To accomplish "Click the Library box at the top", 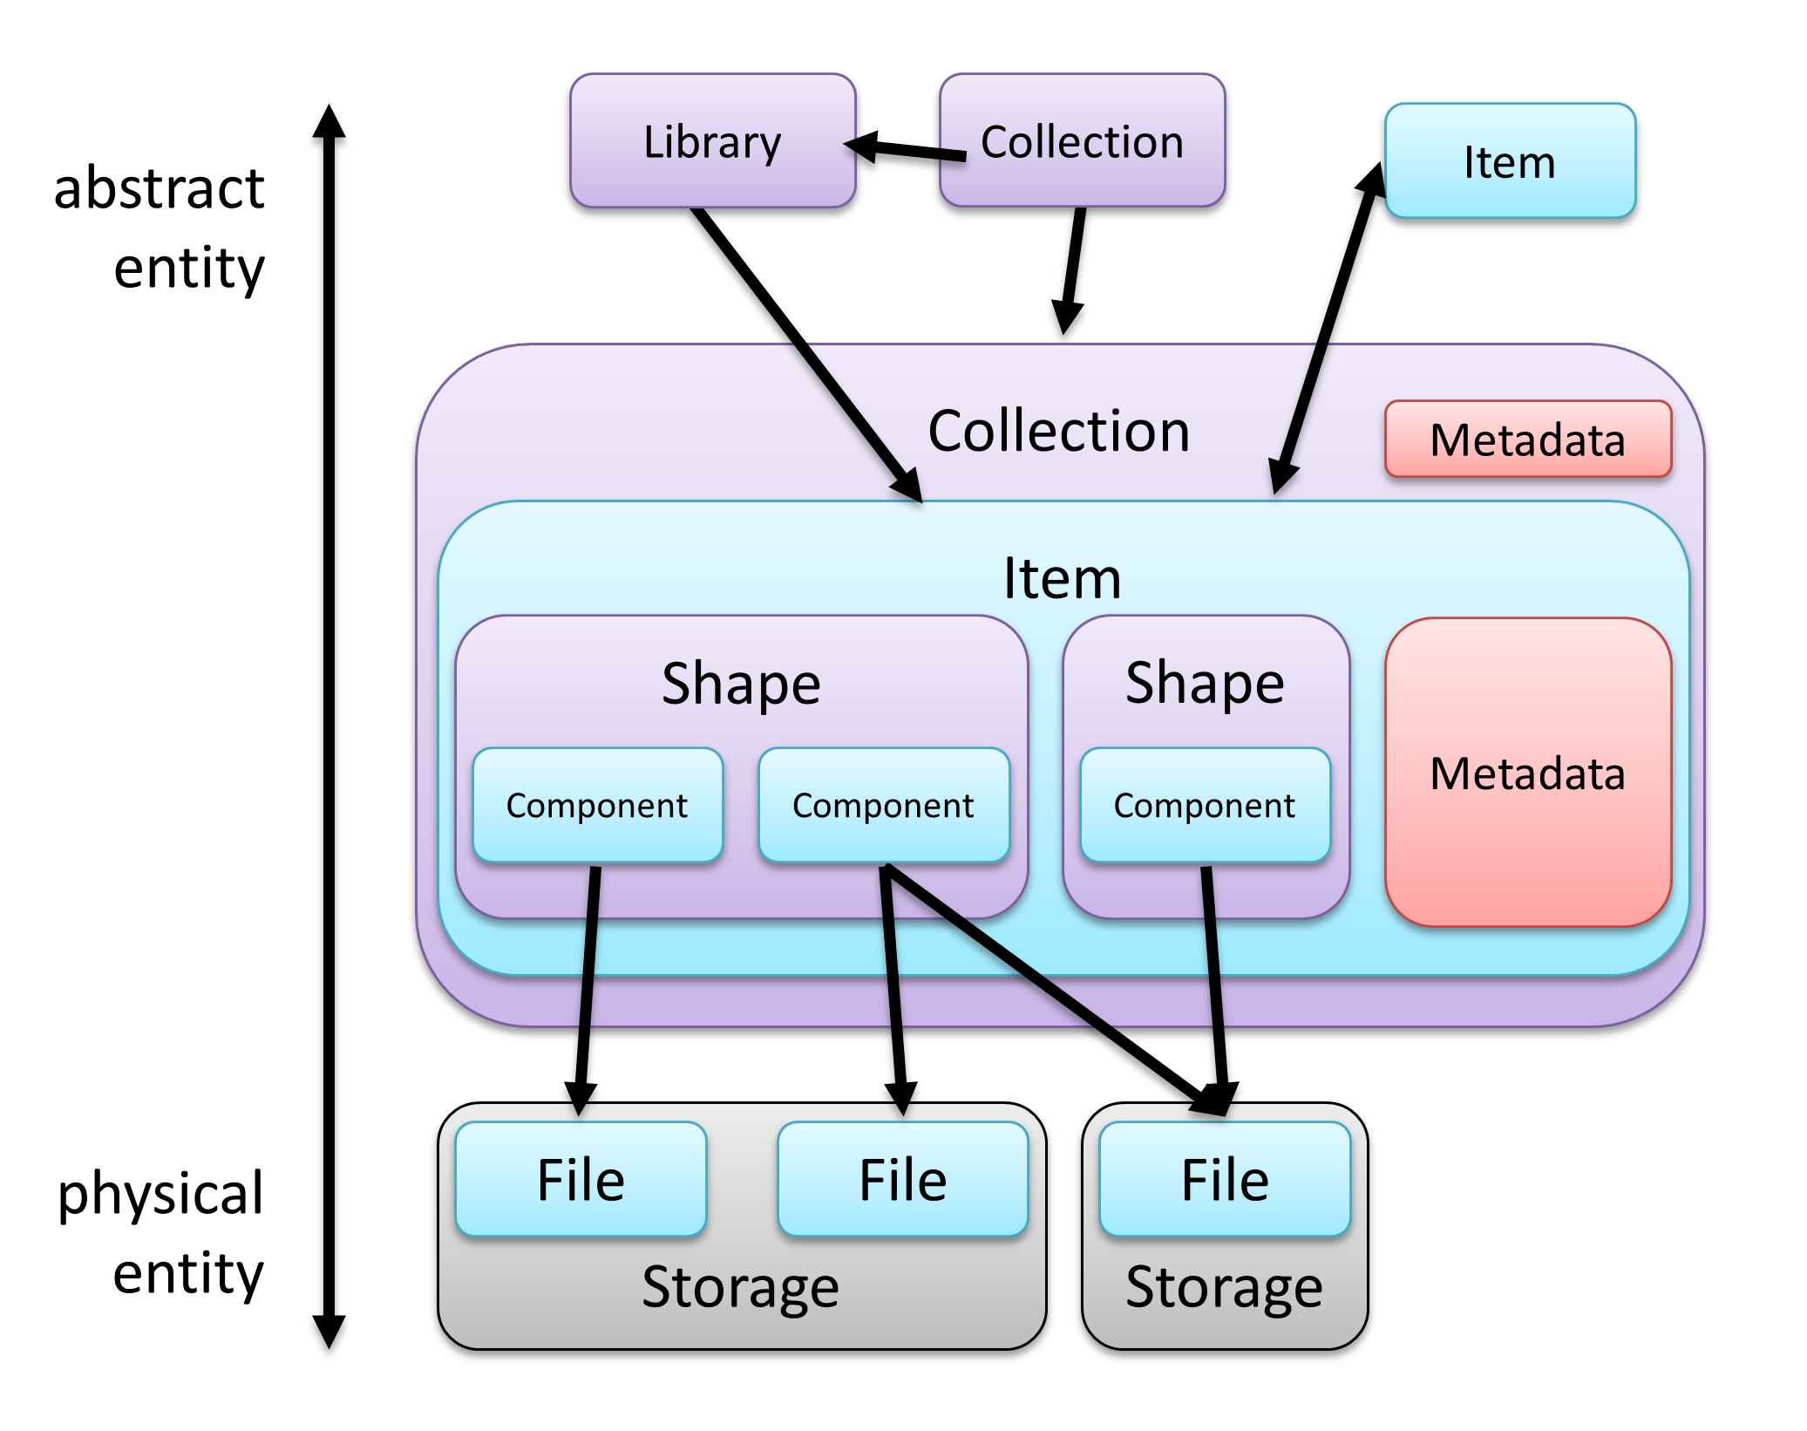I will point(712,140).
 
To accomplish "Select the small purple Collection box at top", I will point(1082,140).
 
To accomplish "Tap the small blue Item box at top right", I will point(1509,161).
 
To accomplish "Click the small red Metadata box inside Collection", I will point(1527,440).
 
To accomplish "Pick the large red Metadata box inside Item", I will point(1527,773).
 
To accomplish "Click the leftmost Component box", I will point(597,805).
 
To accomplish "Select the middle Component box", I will point(883,805).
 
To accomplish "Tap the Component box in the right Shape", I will point(1205,805).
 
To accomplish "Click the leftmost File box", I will point(581,1179).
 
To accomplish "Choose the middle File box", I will point(902,1179).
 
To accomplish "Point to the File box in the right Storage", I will point(1225,1179).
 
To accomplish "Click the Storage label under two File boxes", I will point(740,1286).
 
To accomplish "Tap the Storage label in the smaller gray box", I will point(1224,1286).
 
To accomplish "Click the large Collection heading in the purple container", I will point(1058,431).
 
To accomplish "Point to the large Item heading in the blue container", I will point(1062,578).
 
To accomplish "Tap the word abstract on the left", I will point(159,188).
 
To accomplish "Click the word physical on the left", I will point(160,1193).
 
